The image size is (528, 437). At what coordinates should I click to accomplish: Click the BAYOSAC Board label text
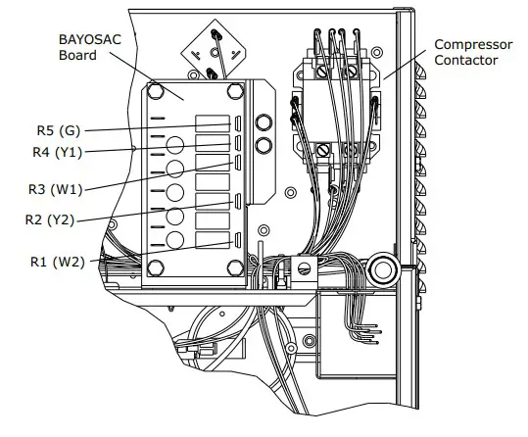click(89, 47)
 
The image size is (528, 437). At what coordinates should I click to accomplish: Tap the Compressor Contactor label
click(473, 52)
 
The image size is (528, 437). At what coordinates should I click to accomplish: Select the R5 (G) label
click(59, 130)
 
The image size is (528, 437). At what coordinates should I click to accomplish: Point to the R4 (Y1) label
click(57, 152)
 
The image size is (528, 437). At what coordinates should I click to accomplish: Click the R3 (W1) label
click(56, 189)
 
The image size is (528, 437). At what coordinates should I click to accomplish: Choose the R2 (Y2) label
click(50, 219)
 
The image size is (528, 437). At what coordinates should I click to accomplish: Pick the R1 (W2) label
click(58, 262)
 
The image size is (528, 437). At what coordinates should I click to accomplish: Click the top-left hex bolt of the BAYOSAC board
click(156, 91)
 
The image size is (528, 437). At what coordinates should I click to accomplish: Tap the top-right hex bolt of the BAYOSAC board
click(235, 91)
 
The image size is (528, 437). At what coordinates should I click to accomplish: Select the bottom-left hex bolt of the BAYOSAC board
click(156, 267)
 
